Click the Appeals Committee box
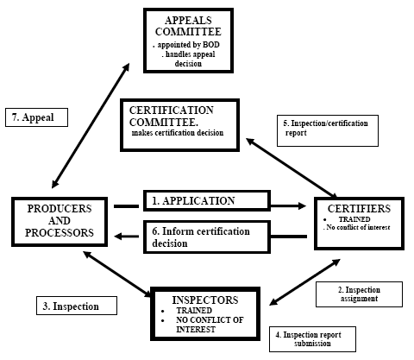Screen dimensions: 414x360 click(x=188, y=41)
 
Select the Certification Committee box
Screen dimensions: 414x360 click(x=179, y=125)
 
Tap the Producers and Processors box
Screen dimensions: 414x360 click(x=60, y=222)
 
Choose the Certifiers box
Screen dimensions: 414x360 click(x=359, y=224)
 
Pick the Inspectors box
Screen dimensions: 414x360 click(x=205, y=313)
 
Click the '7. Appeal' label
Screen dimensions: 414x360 click(x=36, y=117)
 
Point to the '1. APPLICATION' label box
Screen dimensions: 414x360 click(x=207, y=201)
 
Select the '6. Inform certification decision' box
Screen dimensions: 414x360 click(x=207, y=237)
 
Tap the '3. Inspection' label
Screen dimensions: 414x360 click(x=77, y=306)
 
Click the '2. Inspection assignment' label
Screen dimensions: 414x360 click(x=359, y=294)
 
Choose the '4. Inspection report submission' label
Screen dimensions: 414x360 click(x=312, y=339)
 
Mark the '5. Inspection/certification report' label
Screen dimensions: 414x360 click(x=328, y=130)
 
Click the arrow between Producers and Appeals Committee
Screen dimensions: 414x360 click(x=91, y=126)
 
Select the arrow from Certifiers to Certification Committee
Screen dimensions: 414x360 click(x=292, y=167)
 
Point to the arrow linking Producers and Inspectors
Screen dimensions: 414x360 click(x=117, y=274)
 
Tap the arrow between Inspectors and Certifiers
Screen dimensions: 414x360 click(x=304, y=282)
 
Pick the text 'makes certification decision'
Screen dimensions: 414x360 click(x=178, y=133)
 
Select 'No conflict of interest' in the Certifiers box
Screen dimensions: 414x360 click(x=358, y=227)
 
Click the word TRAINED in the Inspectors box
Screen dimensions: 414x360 click(x=194, y=311)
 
